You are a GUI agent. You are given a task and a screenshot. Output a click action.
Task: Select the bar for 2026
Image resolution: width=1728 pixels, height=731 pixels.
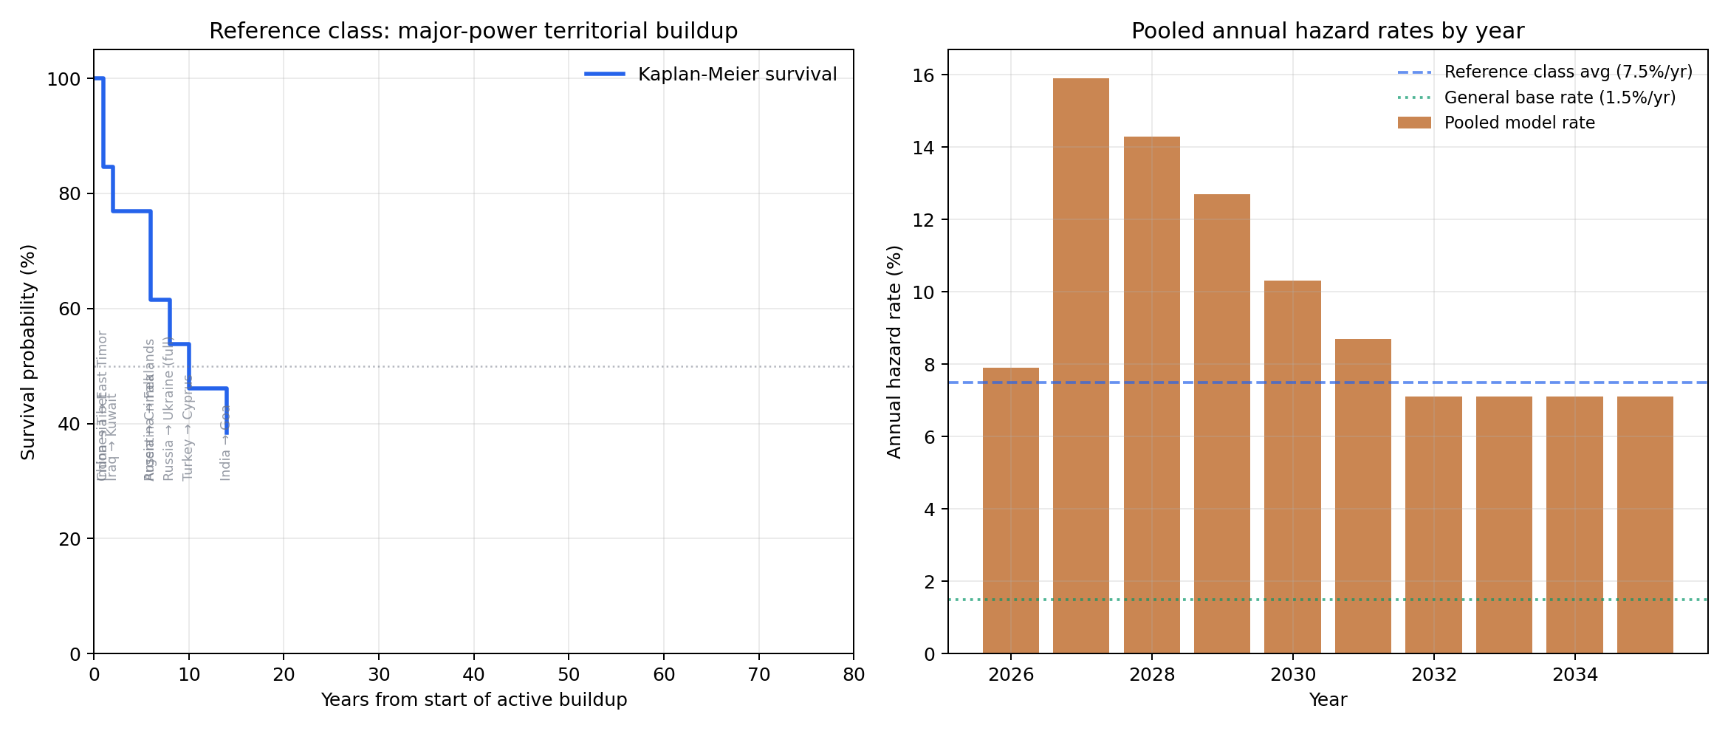pos(1010,510)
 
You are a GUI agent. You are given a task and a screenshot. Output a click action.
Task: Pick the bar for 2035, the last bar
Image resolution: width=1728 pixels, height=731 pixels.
pos(1645,524)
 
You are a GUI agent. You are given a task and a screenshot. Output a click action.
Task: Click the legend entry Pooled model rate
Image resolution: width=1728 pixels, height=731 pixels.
pos(1519,123)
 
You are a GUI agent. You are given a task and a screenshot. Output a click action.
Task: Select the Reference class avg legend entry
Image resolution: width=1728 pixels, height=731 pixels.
pos(1568,72)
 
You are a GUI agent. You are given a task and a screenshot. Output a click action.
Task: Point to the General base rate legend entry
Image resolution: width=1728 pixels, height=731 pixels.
pos(1560,97)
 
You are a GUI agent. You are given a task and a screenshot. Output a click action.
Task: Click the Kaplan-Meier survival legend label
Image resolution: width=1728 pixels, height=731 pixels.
pos(737,75)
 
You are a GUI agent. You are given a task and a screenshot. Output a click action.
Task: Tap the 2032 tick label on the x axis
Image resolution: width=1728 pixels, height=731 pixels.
pos(1434,675)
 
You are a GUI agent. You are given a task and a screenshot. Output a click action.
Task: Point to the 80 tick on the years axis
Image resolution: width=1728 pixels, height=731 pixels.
pos(854,675)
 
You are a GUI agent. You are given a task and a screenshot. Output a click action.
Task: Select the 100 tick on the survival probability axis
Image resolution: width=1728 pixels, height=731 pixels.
pos(64,79)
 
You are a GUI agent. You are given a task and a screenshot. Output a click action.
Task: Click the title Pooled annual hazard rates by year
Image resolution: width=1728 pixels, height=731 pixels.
pos(1327,31)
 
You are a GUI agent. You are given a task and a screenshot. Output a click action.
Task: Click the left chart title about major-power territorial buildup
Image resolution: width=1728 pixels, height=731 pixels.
pos(473,31)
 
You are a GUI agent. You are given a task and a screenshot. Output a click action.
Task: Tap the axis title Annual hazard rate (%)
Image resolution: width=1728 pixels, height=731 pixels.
pos(894,351)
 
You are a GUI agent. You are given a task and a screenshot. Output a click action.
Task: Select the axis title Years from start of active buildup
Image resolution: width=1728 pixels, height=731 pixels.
pos(473,700)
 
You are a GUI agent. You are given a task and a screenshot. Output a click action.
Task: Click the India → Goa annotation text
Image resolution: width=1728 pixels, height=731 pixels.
pos(226,443)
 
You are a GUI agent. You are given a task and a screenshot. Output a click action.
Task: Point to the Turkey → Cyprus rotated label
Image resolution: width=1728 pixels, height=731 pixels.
pos(188,428)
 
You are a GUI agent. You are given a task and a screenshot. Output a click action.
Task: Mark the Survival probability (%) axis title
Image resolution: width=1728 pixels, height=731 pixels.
pos(28,351)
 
